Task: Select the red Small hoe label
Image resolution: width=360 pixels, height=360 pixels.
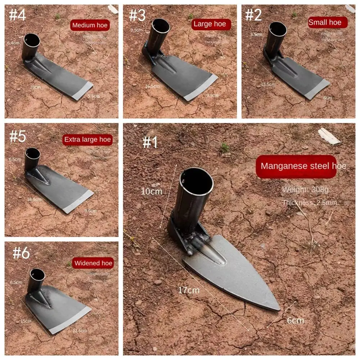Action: coord(327,22)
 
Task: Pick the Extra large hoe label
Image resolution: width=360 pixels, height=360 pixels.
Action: coord(87,140)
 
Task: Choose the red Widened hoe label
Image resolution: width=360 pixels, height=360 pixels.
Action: coord(93,263)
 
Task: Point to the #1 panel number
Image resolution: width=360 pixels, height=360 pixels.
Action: coord(150,143)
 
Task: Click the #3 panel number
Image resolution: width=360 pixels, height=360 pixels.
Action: coord(137,15)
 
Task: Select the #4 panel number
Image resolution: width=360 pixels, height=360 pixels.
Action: coord(17,15)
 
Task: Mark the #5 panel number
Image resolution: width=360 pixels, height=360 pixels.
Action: coord(18,137)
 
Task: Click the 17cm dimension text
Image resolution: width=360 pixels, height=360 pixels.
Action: coord(189,290)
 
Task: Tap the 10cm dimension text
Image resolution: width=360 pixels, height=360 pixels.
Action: coord(151,192)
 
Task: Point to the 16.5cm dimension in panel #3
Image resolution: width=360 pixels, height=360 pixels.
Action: coord(153,86)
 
